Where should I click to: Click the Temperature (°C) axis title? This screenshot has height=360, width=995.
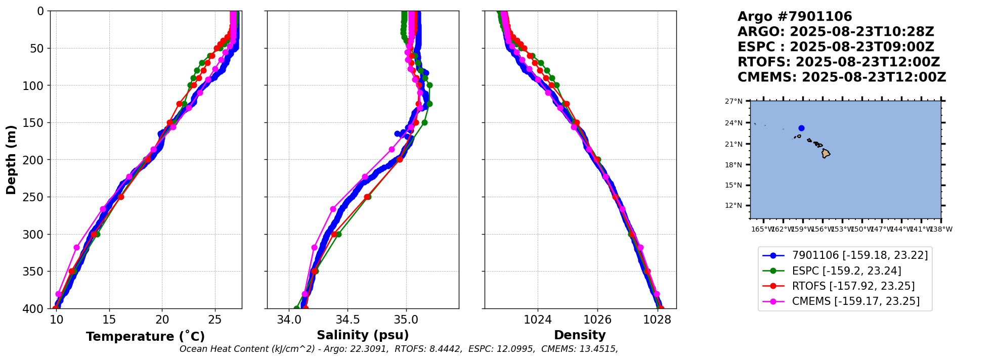145,337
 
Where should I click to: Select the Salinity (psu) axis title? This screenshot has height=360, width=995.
363,335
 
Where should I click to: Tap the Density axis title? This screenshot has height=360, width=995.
580,335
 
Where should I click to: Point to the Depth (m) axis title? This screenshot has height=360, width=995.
11,159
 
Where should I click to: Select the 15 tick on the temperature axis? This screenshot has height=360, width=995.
109,320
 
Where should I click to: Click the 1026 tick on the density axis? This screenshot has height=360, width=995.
597,320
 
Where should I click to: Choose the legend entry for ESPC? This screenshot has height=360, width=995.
846,271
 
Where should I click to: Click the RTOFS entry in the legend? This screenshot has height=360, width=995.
853,286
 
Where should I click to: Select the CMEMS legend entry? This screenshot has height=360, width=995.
855,301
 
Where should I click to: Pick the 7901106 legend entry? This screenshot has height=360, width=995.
859,256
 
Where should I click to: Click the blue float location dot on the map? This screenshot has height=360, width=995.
801,128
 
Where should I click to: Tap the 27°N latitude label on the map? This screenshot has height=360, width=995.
734,102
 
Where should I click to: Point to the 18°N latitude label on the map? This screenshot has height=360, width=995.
734,165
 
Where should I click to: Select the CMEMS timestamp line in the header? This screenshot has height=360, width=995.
841,77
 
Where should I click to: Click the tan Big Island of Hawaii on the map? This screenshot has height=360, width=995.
826,153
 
